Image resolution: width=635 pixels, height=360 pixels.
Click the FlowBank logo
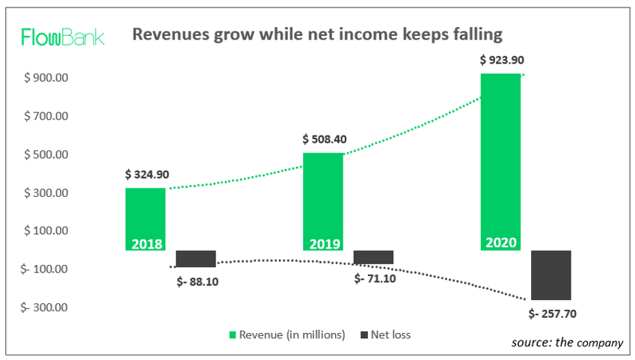click(x=63, y=37)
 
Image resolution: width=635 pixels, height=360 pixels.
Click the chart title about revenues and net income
click(x=317, y=34)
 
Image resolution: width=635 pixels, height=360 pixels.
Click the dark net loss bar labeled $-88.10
click(x=196, y=259)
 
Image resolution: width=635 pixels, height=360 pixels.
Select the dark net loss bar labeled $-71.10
click(x=373, y=257)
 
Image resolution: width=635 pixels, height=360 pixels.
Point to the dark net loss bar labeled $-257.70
click(x=551, y=275)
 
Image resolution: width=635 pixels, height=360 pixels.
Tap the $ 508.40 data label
click(x=325, y=139)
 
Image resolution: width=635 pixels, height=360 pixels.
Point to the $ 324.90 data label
click(x=147, y=174)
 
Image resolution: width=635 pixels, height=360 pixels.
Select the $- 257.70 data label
click(x=552, y=313)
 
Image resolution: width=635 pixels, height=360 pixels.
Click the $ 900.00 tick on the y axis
click(x=48, y=78)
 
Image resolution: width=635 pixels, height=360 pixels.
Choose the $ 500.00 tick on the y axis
click(x=48, y=155)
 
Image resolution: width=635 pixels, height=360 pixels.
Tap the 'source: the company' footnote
click(x=567, y=342)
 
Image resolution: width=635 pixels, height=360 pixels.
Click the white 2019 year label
click(x=323, y=244)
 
